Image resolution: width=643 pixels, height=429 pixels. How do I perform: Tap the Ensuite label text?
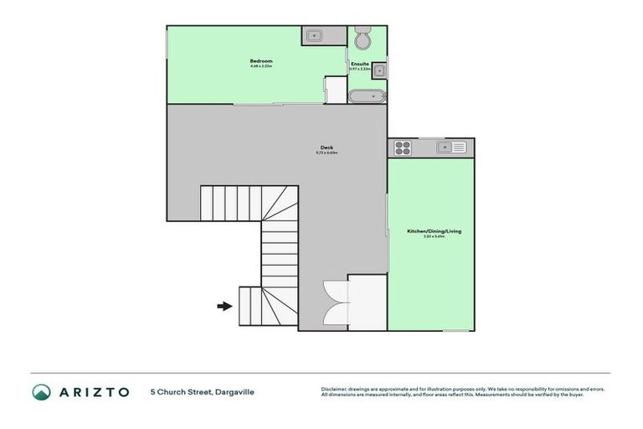[360, 63]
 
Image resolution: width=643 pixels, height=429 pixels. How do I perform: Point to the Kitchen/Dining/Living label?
[430, 230]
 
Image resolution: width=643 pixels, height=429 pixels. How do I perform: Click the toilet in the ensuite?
[363, 39]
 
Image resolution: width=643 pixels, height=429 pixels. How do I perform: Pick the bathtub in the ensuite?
[367, 96]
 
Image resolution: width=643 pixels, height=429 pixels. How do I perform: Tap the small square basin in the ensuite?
[378, 70]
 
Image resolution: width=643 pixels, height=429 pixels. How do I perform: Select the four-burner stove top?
[401, 148]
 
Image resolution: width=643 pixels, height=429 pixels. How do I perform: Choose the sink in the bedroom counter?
[314, 35]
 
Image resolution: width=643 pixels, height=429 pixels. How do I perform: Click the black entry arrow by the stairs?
[224, 306]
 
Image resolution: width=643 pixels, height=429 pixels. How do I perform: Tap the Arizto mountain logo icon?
[41, 391]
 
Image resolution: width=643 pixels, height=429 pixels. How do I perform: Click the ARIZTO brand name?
[94, 391]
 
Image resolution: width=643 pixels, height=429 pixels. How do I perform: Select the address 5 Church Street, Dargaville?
[202, 391]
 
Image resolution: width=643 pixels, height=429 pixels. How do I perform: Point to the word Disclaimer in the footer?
[335, 389]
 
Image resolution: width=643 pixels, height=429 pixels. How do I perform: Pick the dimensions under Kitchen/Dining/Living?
[430, 237]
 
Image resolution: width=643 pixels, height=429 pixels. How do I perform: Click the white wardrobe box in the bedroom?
[335, 90]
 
